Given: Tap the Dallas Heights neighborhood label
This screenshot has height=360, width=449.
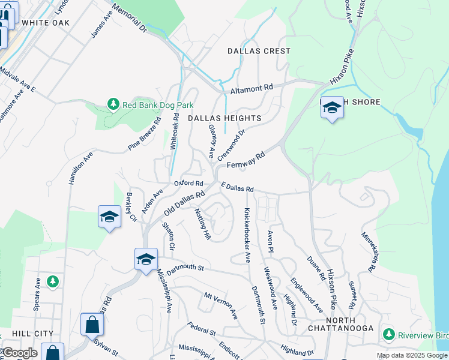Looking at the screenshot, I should pos(224,118).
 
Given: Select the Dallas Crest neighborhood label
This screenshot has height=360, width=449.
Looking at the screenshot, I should pos(259,52).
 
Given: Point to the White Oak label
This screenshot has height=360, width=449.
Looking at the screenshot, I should pos(45,23).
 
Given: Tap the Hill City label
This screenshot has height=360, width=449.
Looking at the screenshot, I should pos(32,334).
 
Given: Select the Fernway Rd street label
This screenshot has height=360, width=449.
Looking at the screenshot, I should pos(246,160).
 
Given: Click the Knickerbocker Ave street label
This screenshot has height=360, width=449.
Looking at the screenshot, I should pos(247,236).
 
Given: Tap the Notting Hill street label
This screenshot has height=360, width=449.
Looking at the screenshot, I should pos(203,224).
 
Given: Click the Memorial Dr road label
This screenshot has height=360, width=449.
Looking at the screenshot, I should pos(129,19).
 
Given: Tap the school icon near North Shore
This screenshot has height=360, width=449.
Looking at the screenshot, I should pos(331,108).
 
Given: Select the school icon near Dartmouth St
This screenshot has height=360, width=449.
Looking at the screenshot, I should pos(146,260).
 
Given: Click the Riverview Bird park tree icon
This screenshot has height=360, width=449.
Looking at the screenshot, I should pos(388,334).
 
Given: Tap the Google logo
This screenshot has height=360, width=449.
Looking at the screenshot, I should pos(19,353).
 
